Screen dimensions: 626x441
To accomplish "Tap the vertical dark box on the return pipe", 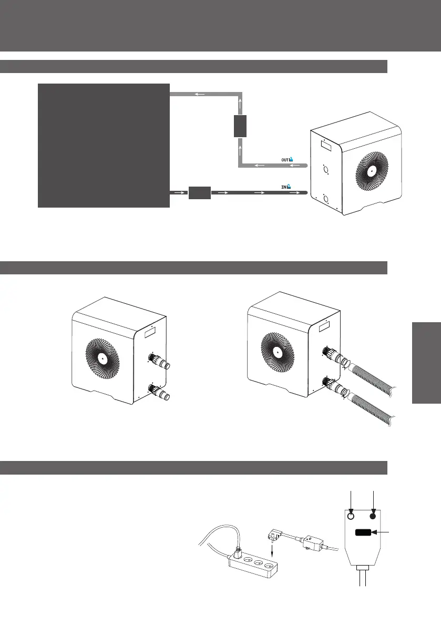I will click(240, 127).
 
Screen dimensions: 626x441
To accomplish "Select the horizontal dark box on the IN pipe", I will click(199, 193).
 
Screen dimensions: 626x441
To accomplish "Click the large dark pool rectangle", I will click(104, 145).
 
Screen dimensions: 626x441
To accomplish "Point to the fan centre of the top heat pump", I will click(371, 170).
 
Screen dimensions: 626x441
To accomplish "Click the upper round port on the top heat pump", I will click(326, 170).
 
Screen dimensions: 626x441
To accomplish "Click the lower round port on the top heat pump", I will click(326, 198).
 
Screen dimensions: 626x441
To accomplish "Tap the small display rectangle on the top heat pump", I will click(326, 144).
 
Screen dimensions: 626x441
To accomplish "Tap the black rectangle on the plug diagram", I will click(362, 533).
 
